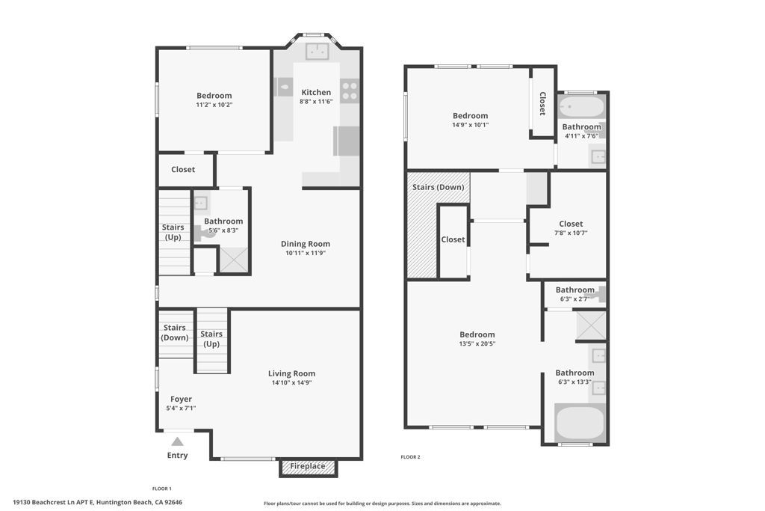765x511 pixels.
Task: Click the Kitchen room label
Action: (x=315, y=93)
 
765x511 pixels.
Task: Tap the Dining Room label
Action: (x=305, y=244)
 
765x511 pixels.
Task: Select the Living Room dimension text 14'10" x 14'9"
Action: (x=291, y=382)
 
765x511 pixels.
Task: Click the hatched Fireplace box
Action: (x=308, y=467)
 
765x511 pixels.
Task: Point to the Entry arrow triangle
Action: (x=177, y=441)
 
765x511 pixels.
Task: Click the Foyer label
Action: (x=181, y=400)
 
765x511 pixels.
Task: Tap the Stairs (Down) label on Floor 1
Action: (x=176, y=332)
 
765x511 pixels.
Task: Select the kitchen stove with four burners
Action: (x=350, y=91)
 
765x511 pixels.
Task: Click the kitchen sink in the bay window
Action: (x=318, y=51)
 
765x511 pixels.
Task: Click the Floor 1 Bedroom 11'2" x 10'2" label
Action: (x=214, y=96)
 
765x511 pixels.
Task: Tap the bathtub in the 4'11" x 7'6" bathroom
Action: (x=581, y=107)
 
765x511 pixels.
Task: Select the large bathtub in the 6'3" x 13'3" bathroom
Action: (x=580, y=423)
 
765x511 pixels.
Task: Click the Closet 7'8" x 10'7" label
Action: (x=571, y=224)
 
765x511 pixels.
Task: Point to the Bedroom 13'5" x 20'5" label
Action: (x=477, y=334)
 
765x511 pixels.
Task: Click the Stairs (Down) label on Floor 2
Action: (x=439, y=187)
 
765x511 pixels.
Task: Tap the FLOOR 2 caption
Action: (x=410, y=456)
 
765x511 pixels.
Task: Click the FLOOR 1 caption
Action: (x=162, y=489)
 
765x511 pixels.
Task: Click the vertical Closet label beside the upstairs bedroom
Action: (x=542, y=104)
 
